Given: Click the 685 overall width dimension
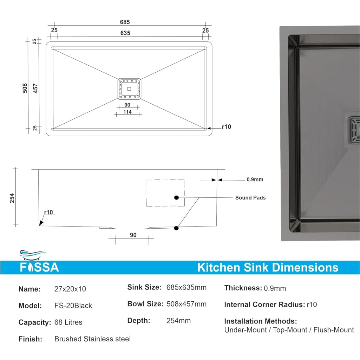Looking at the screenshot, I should pos(125,22).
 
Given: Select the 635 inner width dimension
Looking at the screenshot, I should pos(125,33).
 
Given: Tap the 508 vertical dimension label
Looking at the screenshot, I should pos(25,88).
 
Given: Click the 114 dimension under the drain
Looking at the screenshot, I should pos(127,112).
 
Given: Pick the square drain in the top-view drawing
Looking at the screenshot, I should pos(129,89).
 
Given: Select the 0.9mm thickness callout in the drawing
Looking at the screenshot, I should pos(255,179).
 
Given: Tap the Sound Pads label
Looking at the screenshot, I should pos(250,198).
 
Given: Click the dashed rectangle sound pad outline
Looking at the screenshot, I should pos(165,193).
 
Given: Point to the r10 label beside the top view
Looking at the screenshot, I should pos(227,127).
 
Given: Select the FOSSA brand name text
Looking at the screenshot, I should pos(39,268).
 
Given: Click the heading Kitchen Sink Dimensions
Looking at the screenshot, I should pos(268,268).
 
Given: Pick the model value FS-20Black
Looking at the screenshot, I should pos(73,306).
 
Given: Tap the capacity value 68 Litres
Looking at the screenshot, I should pos(68,322).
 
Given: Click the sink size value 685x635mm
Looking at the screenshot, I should pos(186,288).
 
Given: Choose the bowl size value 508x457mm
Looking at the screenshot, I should pos(186,304).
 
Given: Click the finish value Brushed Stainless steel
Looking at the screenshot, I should pos(92,339).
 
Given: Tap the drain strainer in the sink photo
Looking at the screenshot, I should pos(353,131).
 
